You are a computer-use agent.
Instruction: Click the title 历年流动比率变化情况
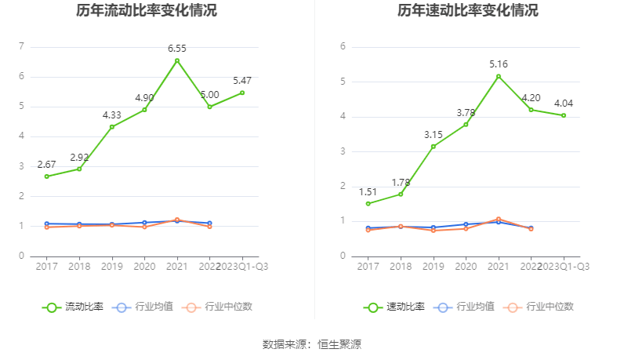(147, 11)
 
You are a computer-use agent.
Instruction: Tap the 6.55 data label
(177, 49)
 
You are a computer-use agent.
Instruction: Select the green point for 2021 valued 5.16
(499, 76)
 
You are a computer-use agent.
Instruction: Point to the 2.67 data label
(46, 165)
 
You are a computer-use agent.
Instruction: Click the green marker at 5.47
(242, 93)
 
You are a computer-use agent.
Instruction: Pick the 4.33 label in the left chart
(112, 115)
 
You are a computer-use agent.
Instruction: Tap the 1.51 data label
(368, 191)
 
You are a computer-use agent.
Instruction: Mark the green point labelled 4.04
(564, 115)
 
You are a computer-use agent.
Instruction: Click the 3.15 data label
(434, 134)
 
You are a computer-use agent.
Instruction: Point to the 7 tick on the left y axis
(21, 46)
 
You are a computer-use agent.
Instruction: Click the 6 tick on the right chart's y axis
(343, 46)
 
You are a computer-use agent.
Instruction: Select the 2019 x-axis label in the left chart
(112, 266)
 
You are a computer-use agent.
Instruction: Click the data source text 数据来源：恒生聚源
(311, 344)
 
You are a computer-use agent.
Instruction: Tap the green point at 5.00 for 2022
(209, 107)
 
